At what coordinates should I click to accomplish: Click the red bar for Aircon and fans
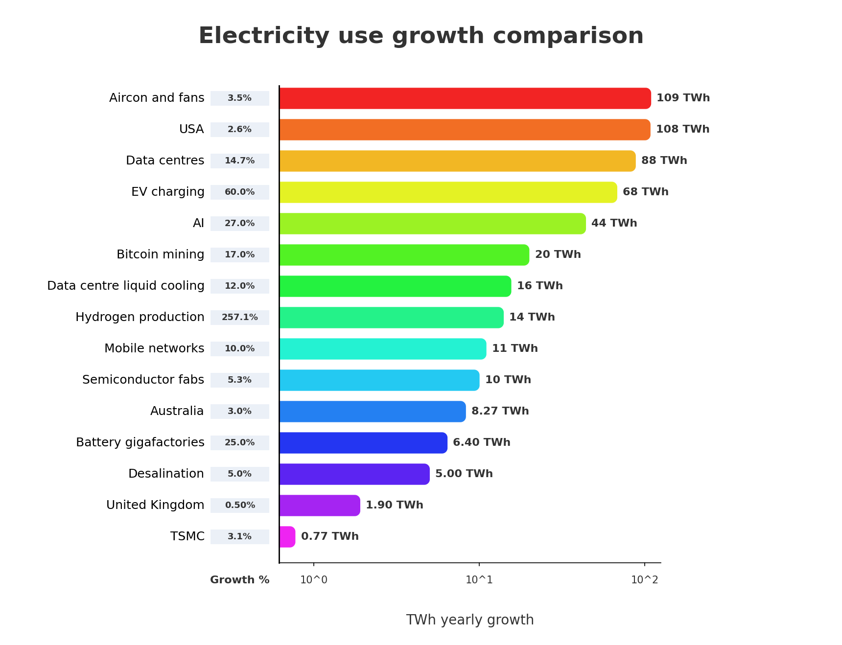[465, 98]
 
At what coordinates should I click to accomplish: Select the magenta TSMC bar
[287, 537]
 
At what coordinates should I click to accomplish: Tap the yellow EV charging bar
[448, 192]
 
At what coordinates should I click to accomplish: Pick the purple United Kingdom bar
[320, 506]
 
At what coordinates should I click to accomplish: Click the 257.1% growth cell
[240, 318]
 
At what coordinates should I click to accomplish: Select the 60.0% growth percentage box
[240, 192]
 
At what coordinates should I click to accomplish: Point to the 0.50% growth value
[240, 506]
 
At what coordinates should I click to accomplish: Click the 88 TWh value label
[664, 161]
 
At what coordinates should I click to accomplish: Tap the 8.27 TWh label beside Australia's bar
[500, 411]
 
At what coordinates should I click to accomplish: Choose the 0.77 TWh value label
[329, 536]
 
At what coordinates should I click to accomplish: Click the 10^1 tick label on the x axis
[479, 580]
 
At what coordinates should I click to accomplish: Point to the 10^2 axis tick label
[644, 580]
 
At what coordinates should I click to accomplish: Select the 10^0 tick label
[313, 580]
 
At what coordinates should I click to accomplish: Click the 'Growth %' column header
[240, 580]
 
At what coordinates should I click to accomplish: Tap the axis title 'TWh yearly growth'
[469, 620]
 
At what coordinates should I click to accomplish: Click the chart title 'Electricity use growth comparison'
[421, 36]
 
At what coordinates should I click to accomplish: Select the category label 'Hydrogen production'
[140, 317]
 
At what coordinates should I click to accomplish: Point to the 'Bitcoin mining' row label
[161, 254]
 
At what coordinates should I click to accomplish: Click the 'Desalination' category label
[166, 474]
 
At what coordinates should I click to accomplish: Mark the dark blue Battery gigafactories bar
[363, 443]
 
